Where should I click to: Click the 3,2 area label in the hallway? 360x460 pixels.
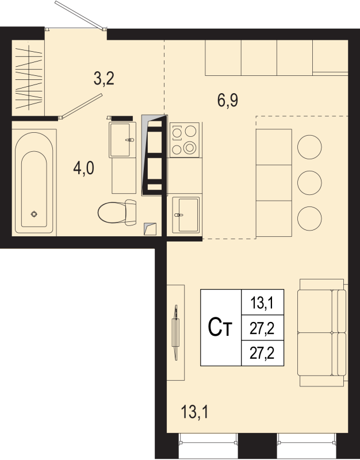[x=104, y=78]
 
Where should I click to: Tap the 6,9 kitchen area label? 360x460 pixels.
[x=228, y=100]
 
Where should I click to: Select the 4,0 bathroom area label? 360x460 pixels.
[x=83, y=168]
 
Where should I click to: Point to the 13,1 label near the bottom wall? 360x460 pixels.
[x=194, y=412]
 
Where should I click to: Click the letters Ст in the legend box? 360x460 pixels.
[x=220, y=328]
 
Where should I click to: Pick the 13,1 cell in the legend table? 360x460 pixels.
[x=262, y=302]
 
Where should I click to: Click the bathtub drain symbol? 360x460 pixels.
[x=34, y=214]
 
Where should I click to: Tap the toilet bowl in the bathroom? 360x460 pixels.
[x=117, y=212]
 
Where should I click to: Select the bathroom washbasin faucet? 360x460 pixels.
[x=130, y=140]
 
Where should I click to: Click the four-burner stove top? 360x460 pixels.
[x=185, y=140]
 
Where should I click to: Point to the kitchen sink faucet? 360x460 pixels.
[x=178, y=215]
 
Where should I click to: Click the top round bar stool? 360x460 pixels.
[x=309, y=147]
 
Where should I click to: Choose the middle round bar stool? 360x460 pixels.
[x=309, y=182]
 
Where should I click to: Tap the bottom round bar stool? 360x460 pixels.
[x=309, y=218]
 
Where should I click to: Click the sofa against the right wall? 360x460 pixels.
[x=322, y=332]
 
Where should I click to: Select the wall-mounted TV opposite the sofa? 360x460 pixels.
[x=175, y=332]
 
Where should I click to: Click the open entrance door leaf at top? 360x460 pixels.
[x=80, y=16]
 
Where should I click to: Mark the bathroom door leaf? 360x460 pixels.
[x=81, y=106]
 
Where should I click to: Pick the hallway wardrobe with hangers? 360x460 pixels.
[x=28, y=78]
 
